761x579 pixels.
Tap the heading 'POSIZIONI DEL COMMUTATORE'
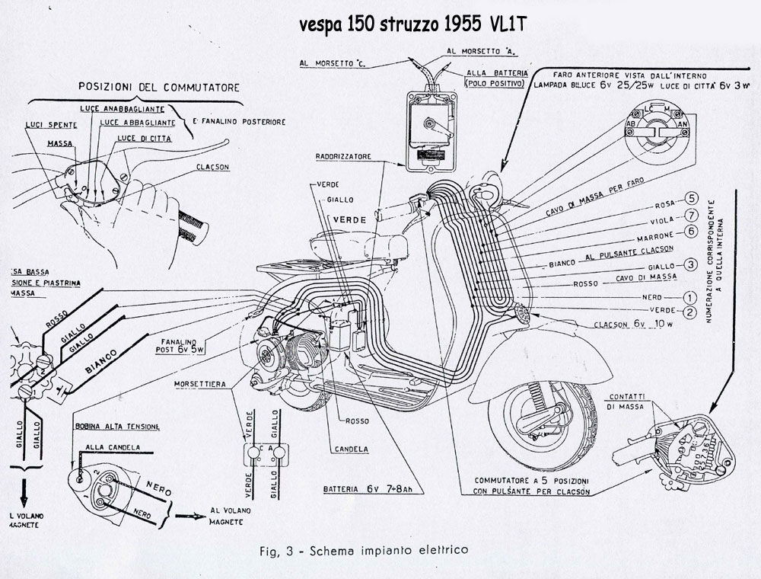pos(159,87)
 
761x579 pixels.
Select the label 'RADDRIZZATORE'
pos(344,156)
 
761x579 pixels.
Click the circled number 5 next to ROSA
pos(690,200)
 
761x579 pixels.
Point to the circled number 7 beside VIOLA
pos(690,216)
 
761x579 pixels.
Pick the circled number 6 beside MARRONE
pos(690,231)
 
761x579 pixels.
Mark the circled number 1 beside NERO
pos(690,296)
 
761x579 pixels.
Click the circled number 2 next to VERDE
pos(690,312)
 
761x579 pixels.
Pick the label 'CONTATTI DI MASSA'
pos(627,402)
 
